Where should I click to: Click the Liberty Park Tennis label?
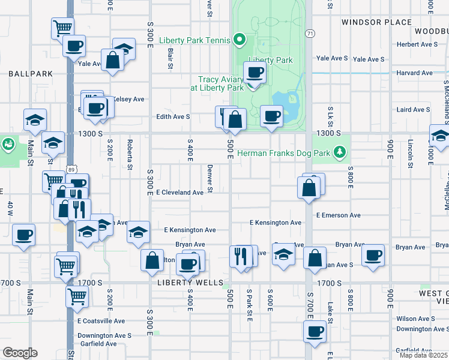tap(194, 41)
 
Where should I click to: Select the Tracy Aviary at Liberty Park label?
tap(217, 83)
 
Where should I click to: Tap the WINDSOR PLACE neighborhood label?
tap(377, 22)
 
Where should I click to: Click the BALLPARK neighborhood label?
tap(31, 73)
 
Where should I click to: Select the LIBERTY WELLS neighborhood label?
tap(190, 283)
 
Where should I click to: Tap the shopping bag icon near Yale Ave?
tap(112, 60)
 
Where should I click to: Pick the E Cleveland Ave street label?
tap(179, 193)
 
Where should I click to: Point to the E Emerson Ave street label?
tap(338, 215)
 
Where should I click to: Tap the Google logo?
tap(20, 352)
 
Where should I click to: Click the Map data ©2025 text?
tap(423, 355)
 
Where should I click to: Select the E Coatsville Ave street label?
tap(101, 321)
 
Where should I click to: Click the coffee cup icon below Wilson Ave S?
tap(315, 331)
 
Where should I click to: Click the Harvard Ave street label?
tap(414, 73)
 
